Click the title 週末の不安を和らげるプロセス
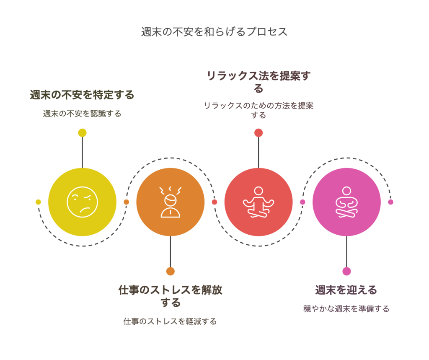(x=214, y=32)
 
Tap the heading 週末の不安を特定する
(x=82, y=95)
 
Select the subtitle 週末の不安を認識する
(x=82, y=114)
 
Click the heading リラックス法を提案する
(x=258, y=82)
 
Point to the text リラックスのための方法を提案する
(x=258, y=110)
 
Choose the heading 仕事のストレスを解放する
(x=170, y=296)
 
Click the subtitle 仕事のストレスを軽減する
(x=170, y=321)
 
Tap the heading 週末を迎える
(x=346, y=290)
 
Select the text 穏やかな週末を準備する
(x=346, y=309)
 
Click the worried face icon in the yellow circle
(x=83, y=202)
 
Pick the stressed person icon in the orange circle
(x=170, y=202)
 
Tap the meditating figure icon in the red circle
(x=258, y=202)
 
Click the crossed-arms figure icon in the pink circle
(x=346, y=202)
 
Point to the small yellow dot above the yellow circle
(x=83, y=133)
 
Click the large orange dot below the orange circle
(x=171, y=271)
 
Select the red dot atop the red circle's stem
(x=258, y=133)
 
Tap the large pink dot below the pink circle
(x=346, y=271)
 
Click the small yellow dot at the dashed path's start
(x=38, y=202)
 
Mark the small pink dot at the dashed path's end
(x=391, y=202)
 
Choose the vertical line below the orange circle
(x=171, y=251)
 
